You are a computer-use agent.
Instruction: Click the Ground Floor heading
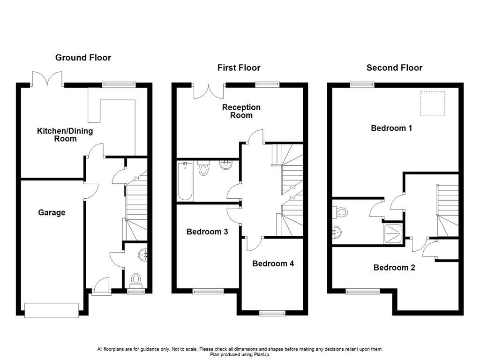(83, 58)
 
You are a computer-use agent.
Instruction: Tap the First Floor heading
(239, 68)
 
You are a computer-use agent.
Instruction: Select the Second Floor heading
(394, 68)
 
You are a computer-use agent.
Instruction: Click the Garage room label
(52, 213)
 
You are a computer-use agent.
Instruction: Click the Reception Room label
(241, 111)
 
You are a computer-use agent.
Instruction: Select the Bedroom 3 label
(207, 232)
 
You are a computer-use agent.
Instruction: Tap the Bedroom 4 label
(273, 263)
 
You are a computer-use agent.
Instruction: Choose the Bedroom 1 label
(391, 127)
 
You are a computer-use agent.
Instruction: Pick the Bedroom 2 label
(394, 268)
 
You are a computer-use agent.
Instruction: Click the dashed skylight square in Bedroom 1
(432, 104)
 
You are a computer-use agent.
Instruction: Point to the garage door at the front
(52, 309)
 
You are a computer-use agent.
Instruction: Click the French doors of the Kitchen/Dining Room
(47, 80)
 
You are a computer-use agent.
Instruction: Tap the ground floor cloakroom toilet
(136, 279)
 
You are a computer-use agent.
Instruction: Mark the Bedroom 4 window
(273, 313)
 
